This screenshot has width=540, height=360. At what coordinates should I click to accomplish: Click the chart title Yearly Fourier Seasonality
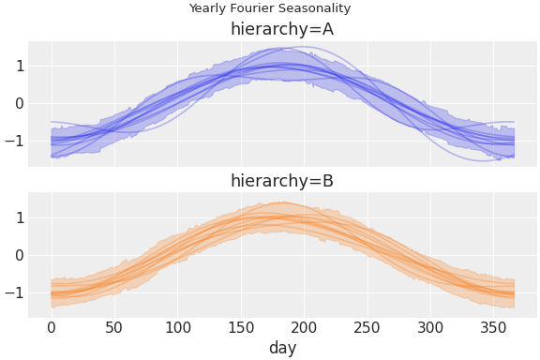270,8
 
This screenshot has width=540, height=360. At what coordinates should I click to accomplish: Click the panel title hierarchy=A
282,29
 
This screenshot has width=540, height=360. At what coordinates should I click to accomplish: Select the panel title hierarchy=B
282,181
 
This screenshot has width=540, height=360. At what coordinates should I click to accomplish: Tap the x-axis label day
282,348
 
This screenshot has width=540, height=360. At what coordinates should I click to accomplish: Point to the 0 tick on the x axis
52,327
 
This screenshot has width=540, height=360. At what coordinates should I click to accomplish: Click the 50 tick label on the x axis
114,327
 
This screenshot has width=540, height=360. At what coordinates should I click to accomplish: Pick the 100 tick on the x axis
177,327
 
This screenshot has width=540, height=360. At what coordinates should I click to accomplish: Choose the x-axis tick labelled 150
241,327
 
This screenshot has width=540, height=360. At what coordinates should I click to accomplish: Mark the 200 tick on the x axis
304,327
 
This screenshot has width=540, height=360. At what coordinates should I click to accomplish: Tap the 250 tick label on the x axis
367,327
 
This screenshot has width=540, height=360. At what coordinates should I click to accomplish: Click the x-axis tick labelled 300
430,327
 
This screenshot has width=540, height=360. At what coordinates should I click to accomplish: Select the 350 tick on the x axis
493,327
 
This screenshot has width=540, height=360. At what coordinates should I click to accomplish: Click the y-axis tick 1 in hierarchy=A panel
19,66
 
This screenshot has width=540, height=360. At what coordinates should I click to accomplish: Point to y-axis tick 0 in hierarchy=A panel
19,103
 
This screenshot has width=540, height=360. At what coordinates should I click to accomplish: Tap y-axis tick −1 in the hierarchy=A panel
15,142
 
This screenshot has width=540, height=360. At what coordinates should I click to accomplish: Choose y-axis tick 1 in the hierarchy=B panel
19,217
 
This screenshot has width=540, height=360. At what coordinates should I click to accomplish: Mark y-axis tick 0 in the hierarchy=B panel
19,255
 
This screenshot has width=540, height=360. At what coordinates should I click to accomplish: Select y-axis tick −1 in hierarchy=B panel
15,293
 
